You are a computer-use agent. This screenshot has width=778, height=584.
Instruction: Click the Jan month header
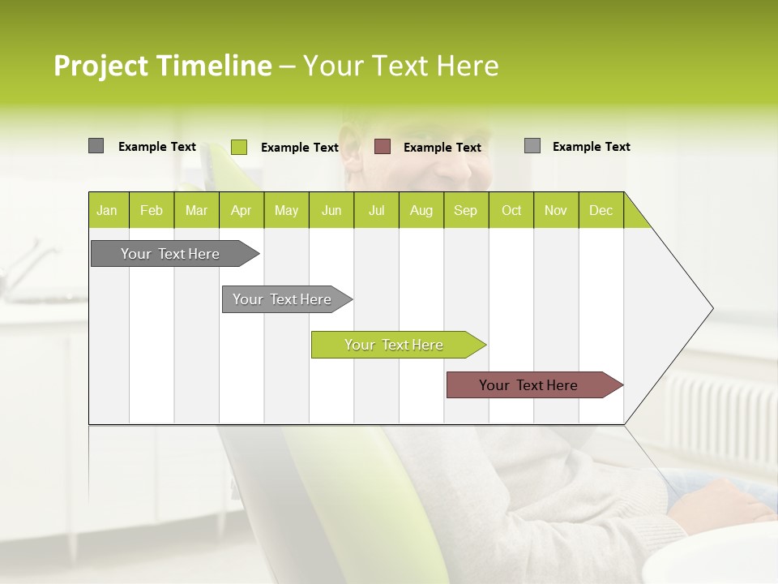pyautogui.click(x=107, y=210)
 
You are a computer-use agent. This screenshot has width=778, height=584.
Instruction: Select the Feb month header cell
pyautogui.click(x=152, y=210)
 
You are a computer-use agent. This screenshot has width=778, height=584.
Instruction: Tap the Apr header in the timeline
pyautogui.click(x=241, y=210)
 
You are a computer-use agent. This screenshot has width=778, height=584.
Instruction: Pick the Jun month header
pyautogui.click(x=331, y=210)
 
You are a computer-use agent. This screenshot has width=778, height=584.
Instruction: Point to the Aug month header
pyautogui.click(x=421, y=210)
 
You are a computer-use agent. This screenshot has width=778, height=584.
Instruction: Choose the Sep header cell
pyautogui.click(x=465, y=210)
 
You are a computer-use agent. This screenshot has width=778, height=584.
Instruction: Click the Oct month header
pyautogui.click(x=511, y=210)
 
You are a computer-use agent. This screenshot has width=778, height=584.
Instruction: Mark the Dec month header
pyautogui.click(x=601, y=210)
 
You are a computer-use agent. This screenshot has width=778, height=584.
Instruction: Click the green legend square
pyautogui.click(x=239, y=147)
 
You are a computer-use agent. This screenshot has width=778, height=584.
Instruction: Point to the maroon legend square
pyautogui.click(x=383, y=147)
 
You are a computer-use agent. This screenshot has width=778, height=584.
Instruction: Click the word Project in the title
pyautogui.click(x=101, y=66)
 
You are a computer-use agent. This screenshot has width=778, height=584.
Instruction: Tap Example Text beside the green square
pyautogui.click(x=300, y=148)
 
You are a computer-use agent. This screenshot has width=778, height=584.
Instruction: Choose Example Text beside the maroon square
pyautogui.click(x=442, y=148)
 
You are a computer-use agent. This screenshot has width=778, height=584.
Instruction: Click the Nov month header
pyautogui.click(x=556, y=210)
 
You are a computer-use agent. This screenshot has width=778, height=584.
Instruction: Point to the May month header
pyautogui.click(x=286, y=210)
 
